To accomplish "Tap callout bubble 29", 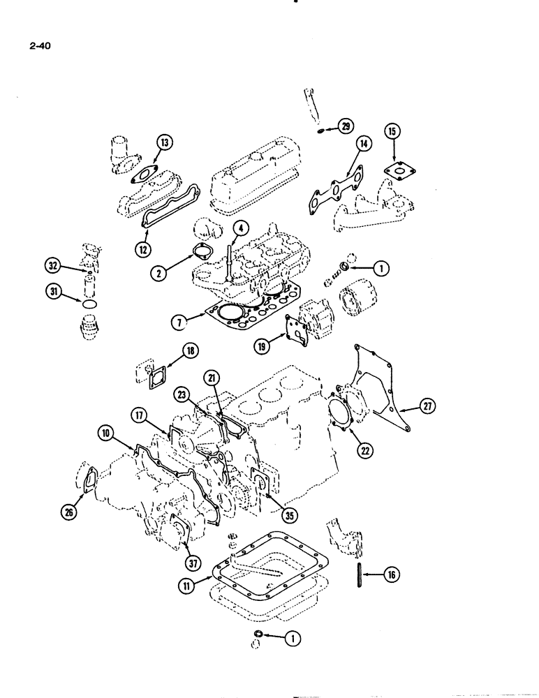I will point(347,126).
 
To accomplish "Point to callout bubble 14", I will point(363,144).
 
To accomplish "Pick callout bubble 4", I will point(239,228).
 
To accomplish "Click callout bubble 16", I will point(392,574).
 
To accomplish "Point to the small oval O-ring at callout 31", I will point(87,304).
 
